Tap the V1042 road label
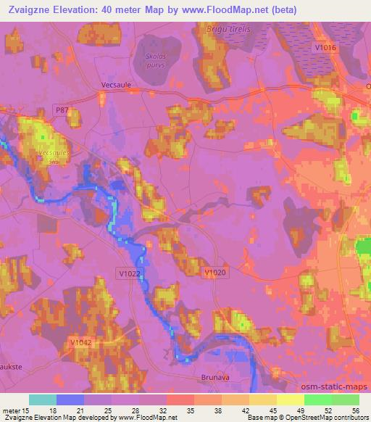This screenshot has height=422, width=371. [80, 341]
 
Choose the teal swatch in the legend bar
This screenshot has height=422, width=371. [43, 400]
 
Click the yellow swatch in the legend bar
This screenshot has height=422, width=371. [290, 400]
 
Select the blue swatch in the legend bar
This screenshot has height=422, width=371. [70, 400]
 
